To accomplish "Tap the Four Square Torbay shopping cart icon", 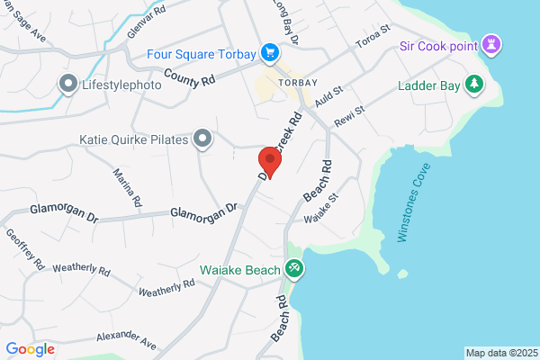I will point(268,53).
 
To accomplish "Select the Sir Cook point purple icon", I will point(491,44).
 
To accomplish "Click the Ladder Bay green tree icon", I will point(474,85).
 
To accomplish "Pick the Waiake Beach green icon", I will point(293,269).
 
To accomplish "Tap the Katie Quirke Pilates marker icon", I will point(204,139).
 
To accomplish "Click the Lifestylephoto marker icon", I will point(67,85).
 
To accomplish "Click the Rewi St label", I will point(348,115).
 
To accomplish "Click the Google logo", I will point(30,349).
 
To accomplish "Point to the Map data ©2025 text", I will point(500,353).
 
